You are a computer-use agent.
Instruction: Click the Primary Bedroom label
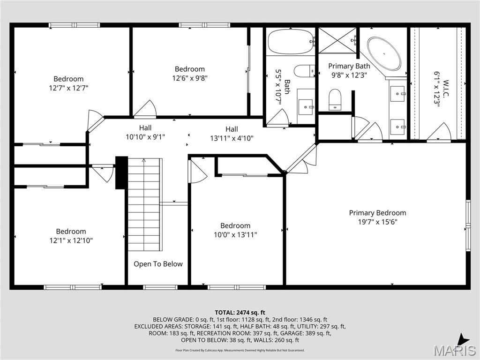click(377, 213)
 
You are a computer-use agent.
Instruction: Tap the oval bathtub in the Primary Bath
click(384, 53)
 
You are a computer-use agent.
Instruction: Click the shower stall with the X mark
click(337, 41)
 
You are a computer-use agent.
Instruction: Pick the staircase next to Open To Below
click(144, 204)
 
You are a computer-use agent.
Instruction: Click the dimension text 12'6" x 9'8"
click(190, 78)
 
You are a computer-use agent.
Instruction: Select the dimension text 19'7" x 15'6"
click(377, 222)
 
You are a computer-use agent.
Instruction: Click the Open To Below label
click(158, 264)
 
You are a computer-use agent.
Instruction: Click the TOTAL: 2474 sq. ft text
click(240, 312)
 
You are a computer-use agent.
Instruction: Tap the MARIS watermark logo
click(454, 351)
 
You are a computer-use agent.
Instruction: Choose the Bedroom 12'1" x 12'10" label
click(71, 236)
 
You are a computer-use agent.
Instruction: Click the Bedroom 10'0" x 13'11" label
click(235, 230)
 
